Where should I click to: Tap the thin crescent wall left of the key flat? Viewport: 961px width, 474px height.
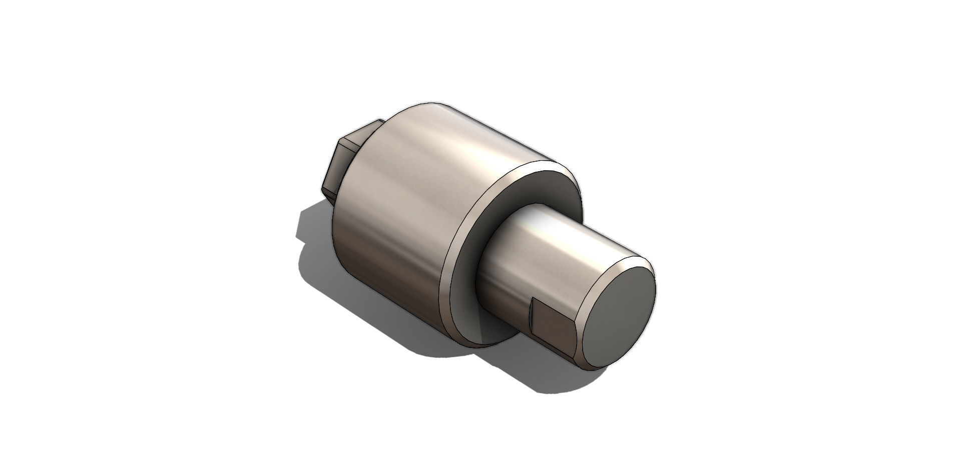(x=532, y=320)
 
